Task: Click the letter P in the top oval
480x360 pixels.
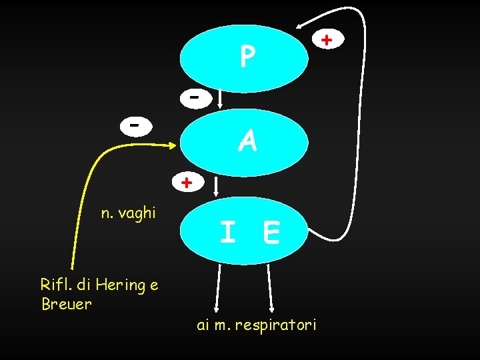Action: pyautogui.click(x=247, y=57)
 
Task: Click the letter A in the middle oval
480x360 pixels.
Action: pyautogui.click(x=247, y=141)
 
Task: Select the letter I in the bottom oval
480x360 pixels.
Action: pyautogui.click(x=227, y=233)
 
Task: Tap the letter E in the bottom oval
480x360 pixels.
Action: pyautogui.click(x=271, y=233)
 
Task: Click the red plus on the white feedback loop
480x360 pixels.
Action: pyautogui.click(x=326, y=41)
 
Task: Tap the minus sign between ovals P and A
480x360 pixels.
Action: pyautogui.click(x=193, y=97)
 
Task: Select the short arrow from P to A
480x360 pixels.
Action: pyautogui.click(x=221, y=99)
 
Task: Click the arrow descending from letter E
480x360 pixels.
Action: pyautogui.click(x=270, y=287)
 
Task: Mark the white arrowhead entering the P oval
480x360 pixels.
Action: pyautogui.click(x=299, y=29)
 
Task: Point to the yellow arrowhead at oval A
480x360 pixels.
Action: pyautogui.click(x=175, y=145)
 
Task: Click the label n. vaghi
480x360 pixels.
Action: pyautogui.click(x=128, y=213)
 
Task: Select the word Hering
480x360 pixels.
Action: pyautogui.click(x=120, y=285)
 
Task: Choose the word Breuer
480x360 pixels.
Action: pyautogui.click(x=66, y=305)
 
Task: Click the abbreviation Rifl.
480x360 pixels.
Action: pyautogui.click(x=55, y=285)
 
